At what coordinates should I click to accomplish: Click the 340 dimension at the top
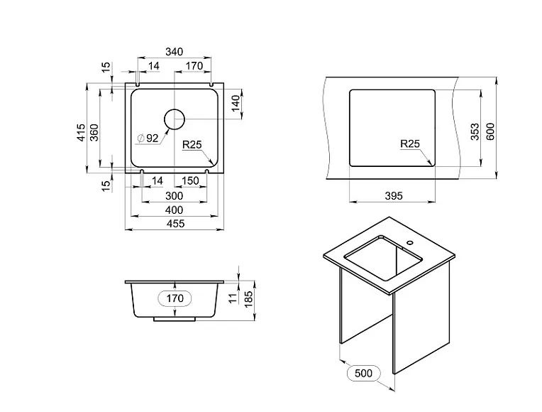click(x=175, y=52)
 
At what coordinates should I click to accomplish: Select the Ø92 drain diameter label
click(x=148, y=139)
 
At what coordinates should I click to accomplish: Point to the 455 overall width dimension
click(x=176, y=224)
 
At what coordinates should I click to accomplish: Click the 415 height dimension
click(x=81, y=132)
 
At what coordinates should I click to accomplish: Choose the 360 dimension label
click(x=94, y=132)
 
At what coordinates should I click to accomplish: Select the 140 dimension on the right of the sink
click(x=236, y=104)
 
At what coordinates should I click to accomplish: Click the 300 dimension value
click(x=175, y=196)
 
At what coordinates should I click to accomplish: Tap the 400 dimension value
click(x=175, y=210)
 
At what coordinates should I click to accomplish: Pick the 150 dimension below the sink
click(x=190, y=180)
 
